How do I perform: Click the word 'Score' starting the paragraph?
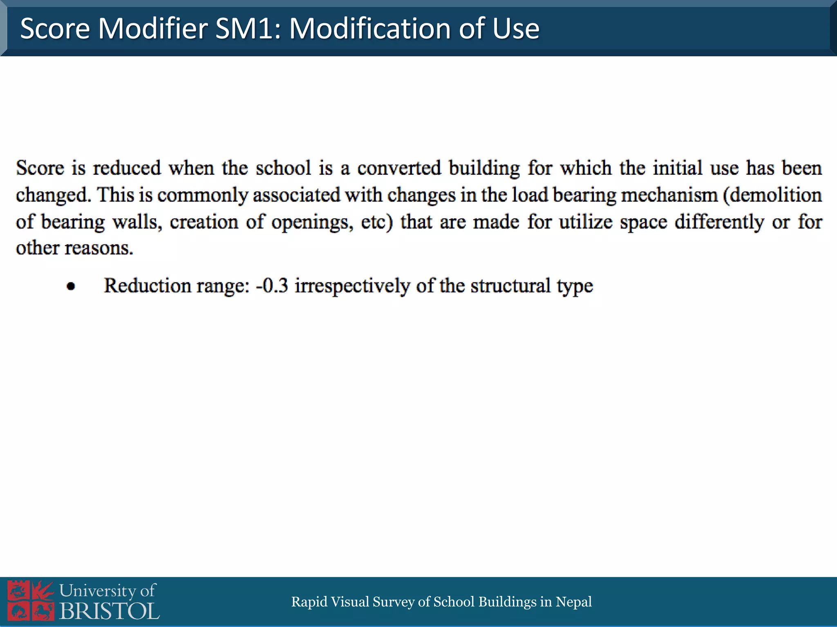(40, 168)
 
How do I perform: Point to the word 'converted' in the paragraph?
(399, 168)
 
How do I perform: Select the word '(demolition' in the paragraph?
(772, 195)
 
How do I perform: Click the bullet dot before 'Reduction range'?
(71, 287)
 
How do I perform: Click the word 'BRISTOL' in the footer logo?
(110, 611)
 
